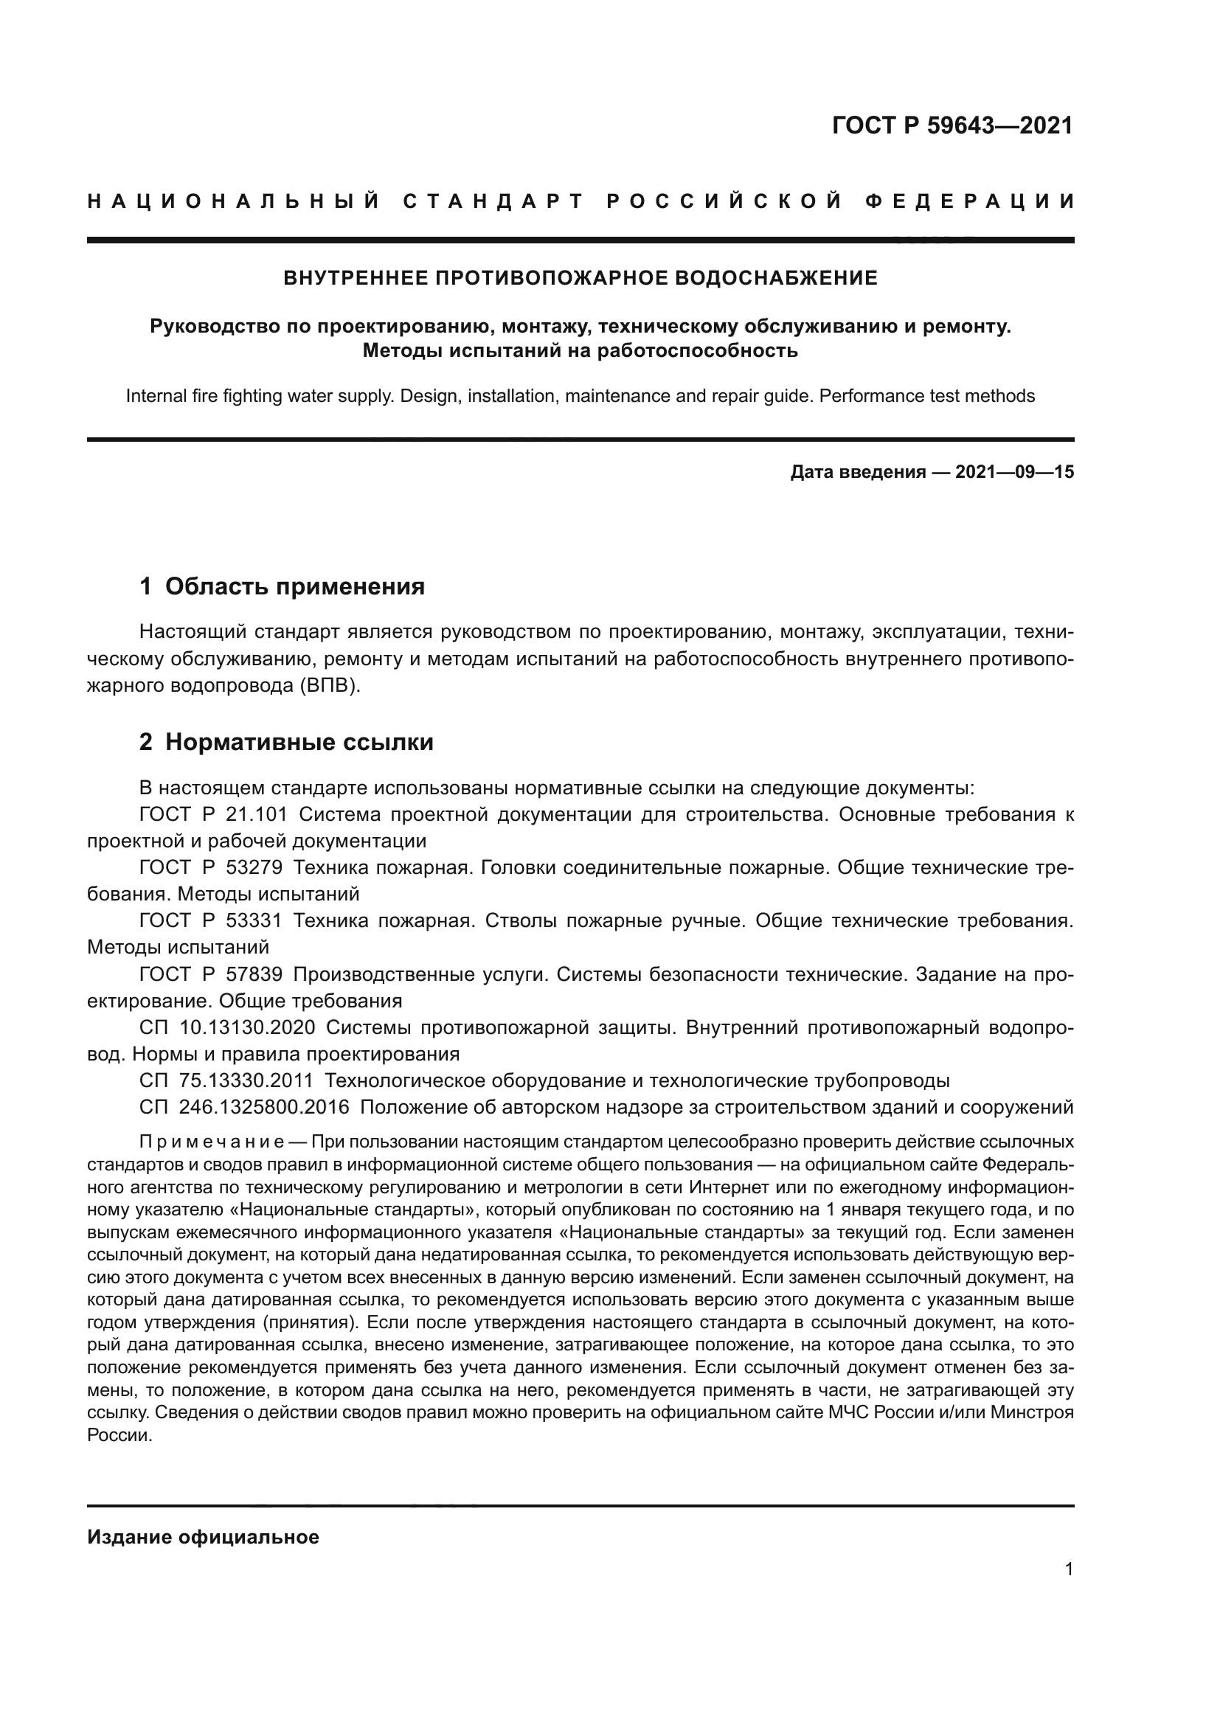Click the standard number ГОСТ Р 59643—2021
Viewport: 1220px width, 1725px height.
tap(952, 125)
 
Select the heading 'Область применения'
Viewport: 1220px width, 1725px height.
tap(294, 587)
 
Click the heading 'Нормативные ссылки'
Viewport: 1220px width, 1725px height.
tap(299, 743)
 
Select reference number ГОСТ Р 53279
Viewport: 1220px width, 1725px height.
tap(210, 868)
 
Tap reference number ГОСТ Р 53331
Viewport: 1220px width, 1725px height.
tap(210, 921)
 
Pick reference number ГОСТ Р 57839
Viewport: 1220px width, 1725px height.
tap(210, 974)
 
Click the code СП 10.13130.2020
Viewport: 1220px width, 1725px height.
tap(227, 1028)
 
